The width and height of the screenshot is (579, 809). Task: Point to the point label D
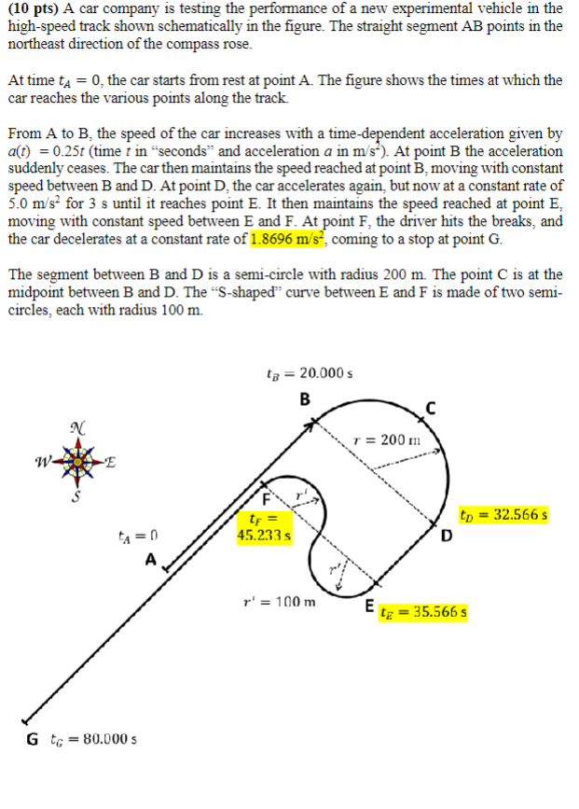447,535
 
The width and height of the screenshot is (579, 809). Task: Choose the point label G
33,740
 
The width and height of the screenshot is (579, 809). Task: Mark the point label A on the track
149,560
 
